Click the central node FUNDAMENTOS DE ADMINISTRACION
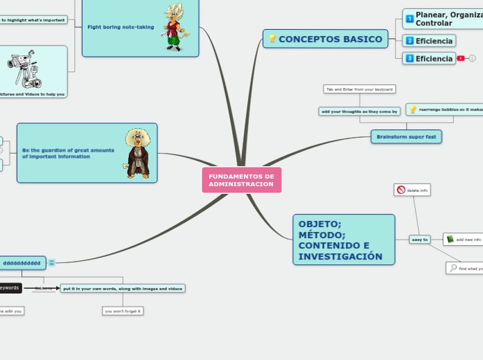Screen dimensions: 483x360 [x=241, y=180]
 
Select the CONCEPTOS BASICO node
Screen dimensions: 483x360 [x=330, y=39]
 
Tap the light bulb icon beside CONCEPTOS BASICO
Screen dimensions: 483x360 [x=272, y=39]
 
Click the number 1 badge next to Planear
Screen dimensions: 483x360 [x=410, y=19]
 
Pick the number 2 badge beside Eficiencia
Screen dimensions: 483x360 [x=410, y=41]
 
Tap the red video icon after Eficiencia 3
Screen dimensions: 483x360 [x=461, y=59]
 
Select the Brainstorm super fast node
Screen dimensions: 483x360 [x=406, y=137]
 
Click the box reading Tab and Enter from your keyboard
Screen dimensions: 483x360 [x=360, y=89]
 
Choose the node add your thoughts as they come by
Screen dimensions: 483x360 [x=360, y=111]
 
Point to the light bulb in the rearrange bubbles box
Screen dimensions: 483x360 [x=413, y=109]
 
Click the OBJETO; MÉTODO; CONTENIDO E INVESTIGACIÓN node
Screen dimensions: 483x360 [x=344, y=240]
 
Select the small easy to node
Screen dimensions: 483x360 [x=419, y=240]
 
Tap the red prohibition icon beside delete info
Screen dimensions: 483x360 [x=401, y=190]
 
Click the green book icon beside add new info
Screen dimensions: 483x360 [x=450, y=240]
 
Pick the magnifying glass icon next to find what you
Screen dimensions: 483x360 [x=453, y=268]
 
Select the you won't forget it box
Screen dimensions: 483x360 [x=123, y=311]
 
